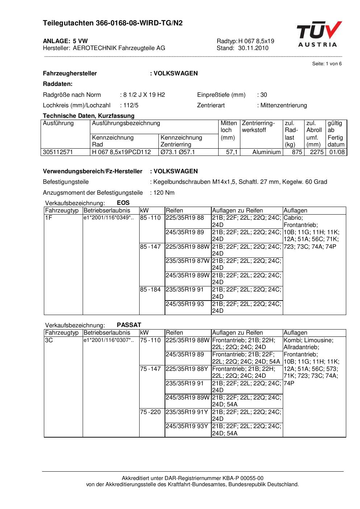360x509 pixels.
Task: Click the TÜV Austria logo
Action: (x=319, y=34)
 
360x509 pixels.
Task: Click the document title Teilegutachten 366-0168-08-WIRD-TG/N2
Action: (x=112, y=23)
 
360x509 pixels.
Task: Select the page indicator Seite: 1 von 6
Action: (x=327, y=64)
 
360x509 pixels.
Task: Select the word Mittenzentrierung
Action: (x=284, y=105)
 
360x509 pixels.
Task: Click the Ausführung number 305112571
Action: (x=58, y=152)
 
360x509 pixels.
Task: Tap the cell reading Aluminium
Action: (x=266, y=152)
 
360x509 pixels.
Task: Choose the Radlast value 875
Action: (x=297, y=152)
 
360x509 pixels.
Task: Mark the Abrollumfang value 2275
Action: (x=316, y=152)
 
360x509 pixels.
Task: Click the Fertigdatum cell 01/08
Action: (x=337, y=152)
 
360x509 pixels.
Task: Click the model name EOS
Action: (x=123, y=203)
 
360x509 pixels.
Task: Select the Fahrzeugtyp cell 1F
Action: (x=49, y=218)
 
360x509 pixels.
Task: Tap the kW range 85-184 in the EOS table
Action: (x=150, y=290)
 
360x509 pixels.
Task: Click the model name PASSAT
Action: (x=129, y=325)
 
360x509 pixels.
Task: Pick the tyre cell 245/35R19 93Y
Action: (x=187, y=426)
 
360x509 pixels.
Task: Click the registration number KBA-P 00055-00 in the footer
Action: (x=239, y=478)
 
